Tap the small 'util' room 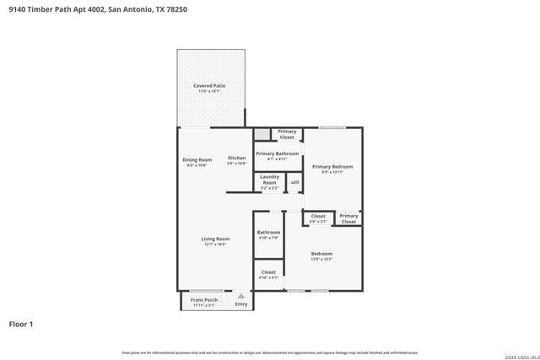294,182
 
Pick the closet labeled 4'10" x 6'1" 268,274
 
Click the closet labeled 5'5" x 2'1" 318,218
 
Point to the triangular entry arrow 241,296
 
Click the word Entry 241,304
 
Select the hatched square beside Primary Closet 262,134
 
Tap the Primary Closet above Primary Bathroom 287,134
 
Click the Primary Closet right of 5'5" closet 348,218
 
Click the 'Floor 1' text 22,323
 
